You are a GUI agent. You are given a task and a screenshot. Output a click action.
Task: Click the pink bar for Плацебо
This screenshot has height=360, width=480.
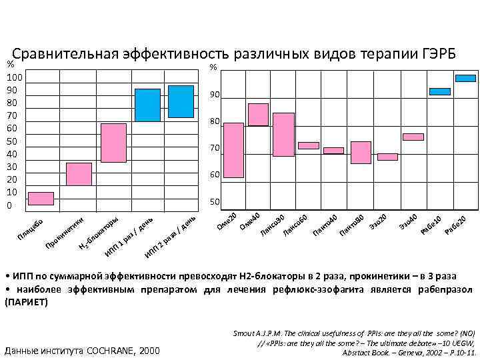[x=41, y=198]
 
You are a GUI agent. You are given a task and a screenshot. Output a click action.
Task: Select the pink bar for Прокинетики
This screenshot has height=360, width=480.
[x=79, y=174]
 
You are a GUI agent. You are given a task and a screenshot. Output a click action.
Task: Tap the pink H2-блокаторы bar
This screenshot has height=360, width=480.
[x=113, y=143]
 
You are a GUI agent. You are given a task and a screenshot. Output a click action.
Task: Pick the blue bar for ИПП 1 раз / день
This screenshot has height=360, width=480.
[x=147, y=105]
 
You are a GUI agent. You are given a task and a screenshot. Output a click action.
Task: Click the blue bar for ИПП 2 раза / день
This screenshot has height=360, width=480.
[x=181, y=101]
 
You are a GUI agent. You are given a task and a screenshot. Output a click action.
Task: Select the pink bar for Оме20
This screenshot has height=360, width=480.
[x=233, y=150]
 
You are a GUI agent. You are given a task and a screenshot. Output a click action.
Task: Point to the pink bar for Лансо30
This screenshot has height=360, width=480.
[x=283, y=134]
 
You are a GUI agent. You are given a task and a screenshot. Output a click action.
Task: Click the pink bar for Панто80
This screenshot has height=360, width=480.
[x=361, y=152]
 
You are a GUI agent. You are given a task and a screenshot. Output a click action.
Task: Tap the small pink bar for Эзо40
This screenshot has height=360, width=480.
[x=413, y=137]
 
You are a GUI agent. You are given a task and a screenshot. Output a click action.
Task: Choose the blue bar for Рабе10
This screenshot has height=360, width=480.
[x=439, y=91]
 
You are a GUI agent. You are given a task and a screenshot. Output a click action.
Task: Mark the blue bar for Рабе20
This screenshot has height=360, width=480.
[x=465, y=78]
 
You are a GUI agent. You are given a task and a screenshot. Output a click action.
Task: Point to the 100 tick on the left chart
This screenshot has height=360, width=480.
[x=13, y=78]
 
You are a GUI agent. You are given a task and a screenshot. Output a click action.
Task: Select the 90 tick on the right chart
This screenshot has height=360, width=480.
[x=214, y=96]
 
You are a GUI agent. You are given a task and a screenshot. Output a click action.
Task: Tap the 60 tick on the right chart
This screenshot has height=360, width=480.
[x=214, y=175]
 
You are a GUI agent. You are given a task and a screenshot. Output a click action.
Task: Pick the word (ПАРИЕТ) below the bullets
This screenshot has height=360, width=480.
[x=27, y=302]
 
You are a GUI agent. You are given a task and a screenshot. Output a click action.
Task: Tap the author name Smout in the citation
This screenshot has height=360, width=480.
[x=245, y=331]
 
